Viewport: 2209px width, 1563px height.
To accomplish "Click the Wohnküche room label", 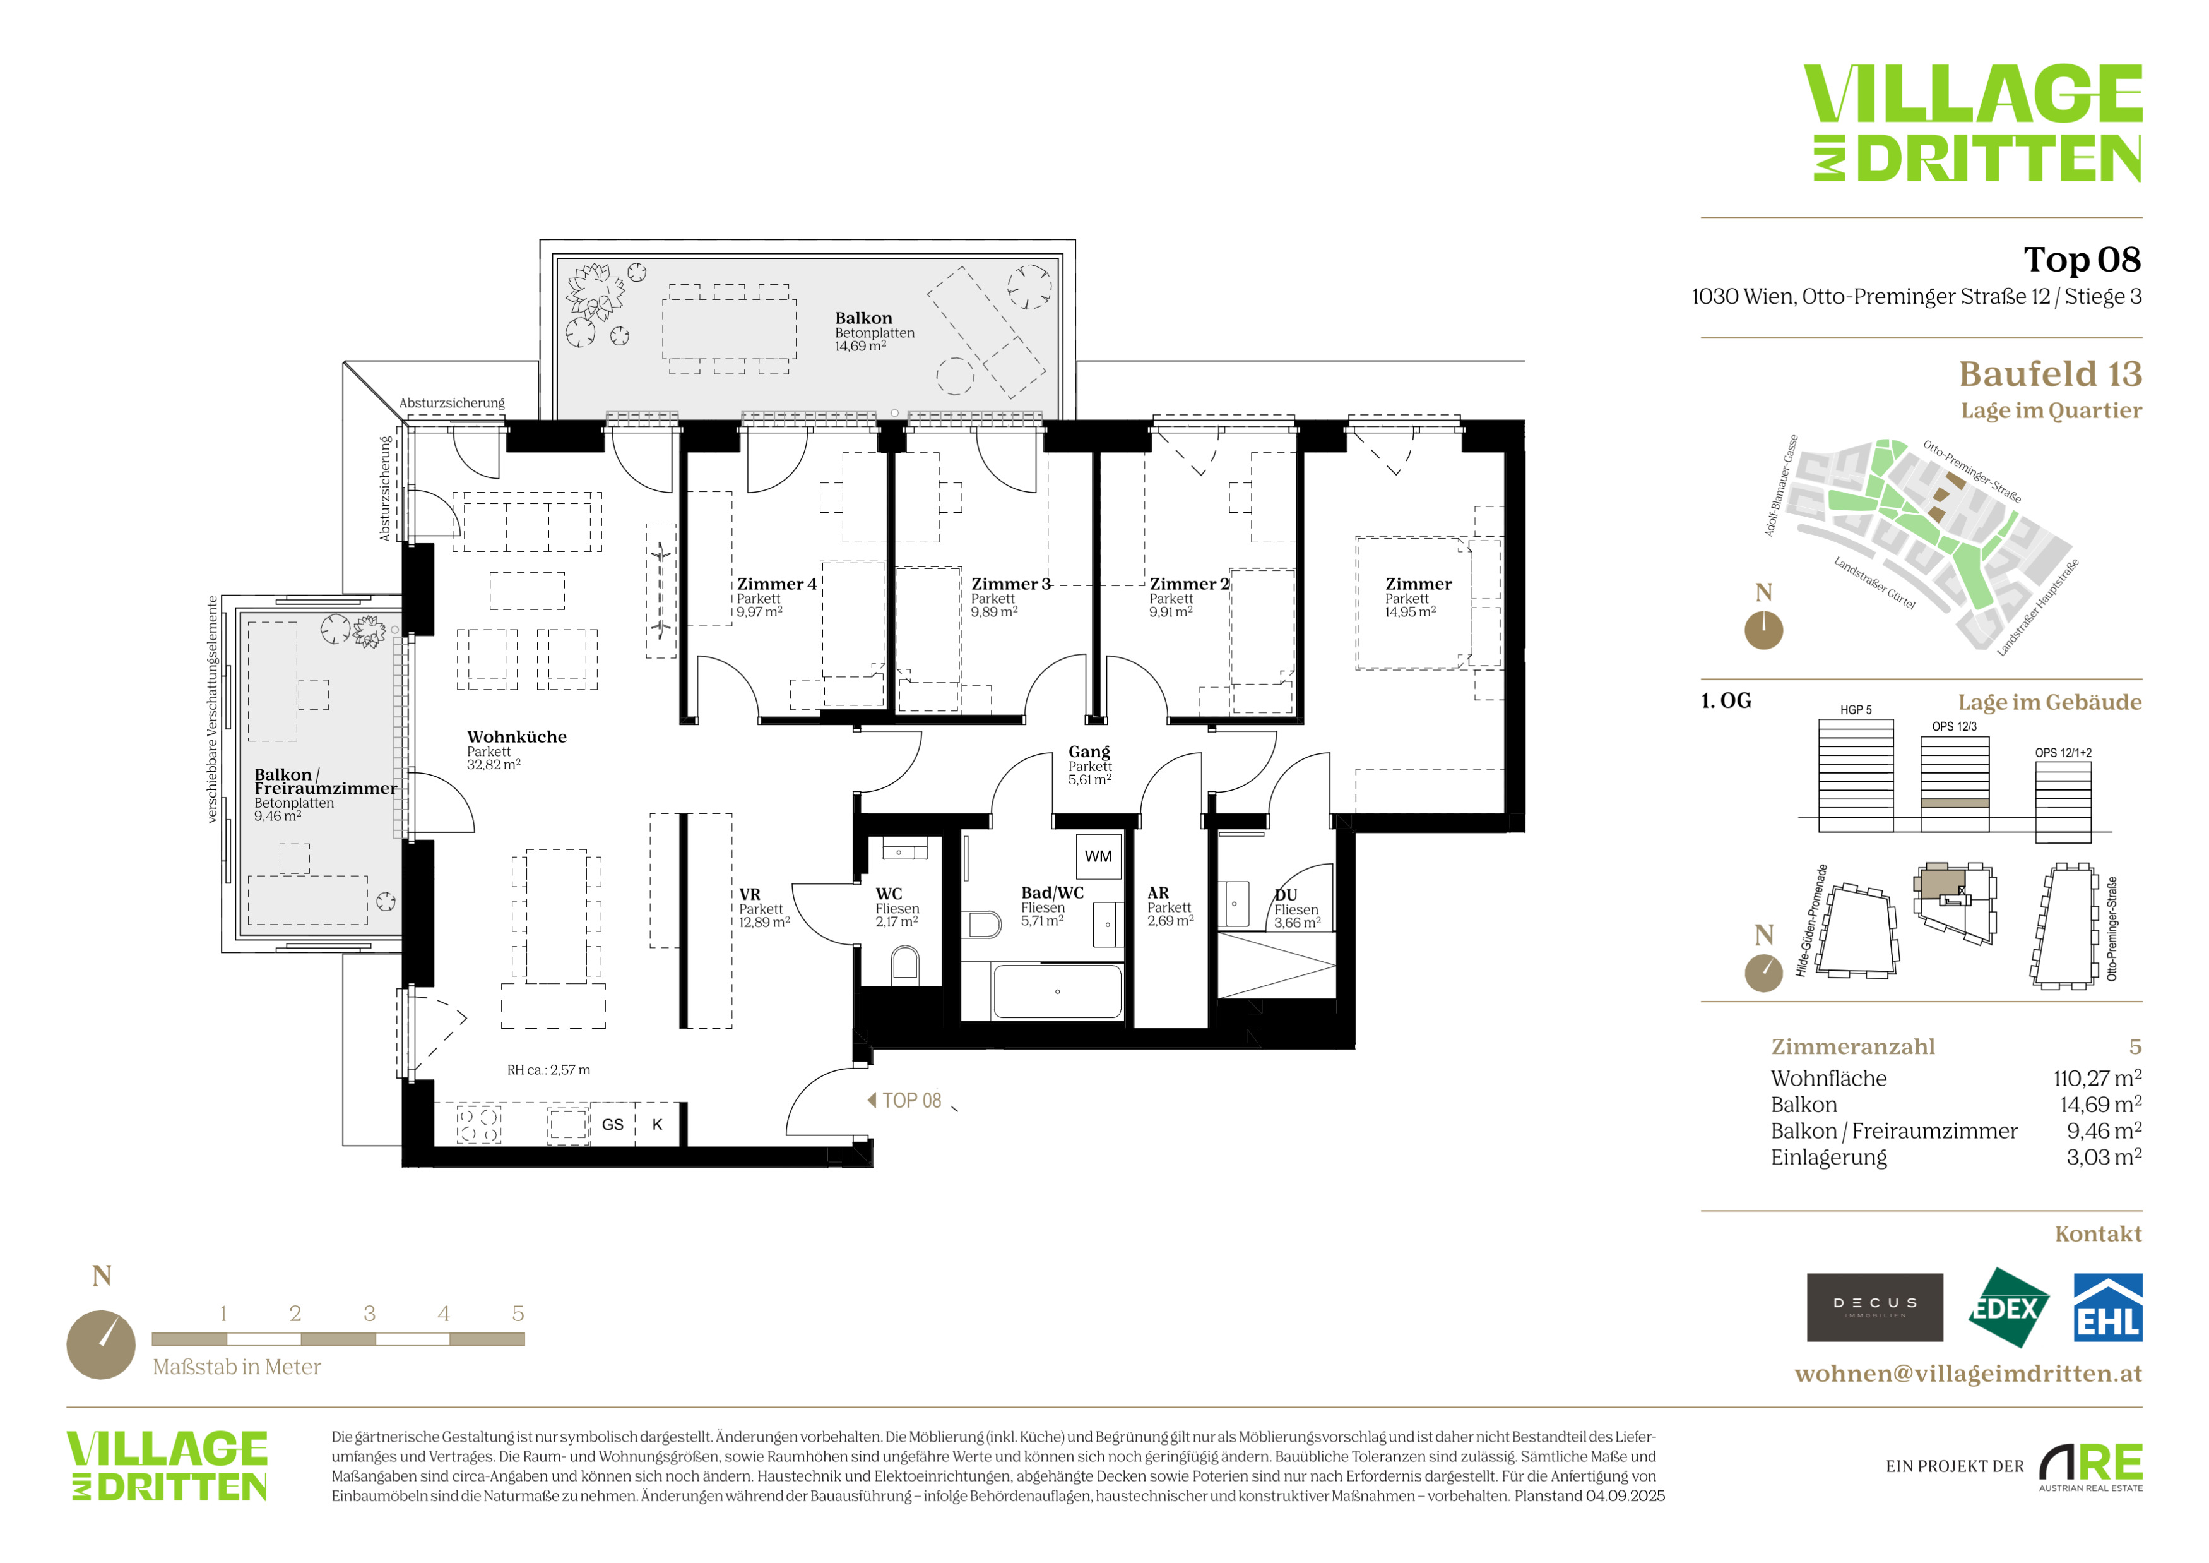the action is [x=517, y=737].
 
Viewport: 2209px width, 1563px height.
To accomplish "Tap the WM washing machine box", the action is [x=1098, y=856].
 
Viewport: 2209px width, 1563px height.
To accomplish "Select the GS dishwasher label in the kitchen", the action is [x=613, y=1124].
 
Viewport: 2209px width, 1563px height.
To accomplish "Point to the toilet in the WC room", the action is [x=905, y=962].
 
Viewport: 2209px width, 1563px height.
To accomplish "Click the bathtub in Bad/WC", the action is [x=1057, y=991].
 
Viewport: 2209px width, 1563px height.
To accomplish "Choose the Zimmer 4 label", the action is [x=776, y=584].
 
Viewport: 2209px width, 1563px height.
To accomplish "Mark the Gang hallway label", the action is [x=1089, y=752].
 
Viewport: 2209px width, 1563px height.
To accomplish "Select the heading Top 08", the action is [x=2082, y=260].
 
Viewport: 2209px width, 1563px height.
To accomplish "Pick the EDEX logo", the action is [x=2007, y=1307].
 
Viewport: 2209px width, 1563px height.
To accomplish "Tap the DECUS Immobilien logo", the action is [x=1874, y=1307].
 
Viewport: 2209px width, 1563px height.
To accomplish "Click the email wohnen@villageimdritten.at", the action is [x=1969, y=1374].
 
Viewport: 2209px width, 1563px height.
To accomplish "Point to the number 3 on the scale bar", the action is [x=369, y=1314].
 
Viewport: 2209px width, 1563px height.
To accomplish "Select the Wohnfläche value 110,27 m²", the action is [x=2097, y=1078].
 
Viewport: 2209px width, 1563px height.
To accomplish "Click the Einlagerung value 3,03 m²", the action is [x=2104, y=1157].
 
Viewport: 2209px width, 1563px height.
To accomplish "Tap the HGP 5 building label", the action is [x=1856, y=710].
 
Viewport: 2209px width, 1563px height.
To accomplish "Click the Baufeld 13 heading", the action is [x=2050, y=373].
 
